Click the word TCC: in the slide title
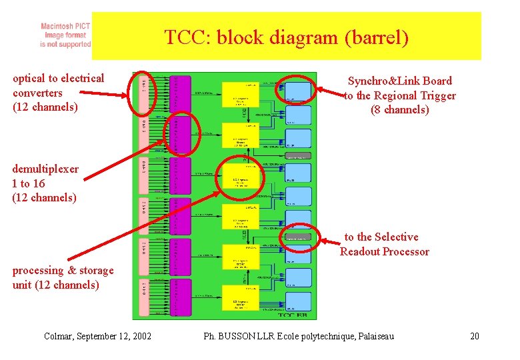185,38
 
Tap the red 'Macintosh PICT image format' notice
65,35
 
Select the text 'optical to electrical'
59,78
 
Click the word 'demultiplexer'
45,169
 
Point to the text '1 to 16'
29,183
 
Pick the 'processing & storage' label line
63,270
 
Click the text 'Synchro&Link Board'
399,81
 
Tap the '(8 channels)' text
399,110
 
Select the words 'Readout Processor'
384,251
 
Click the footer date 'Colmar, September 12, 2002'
97,336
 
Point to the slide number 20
474,336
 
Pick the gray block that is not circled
298,155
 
